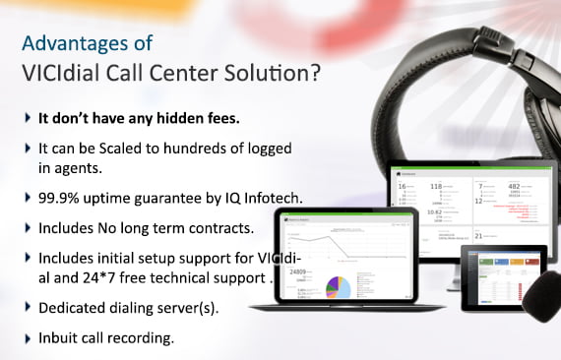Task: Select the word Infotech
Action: point(269,199)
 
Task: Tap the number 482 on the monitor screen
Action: point(515,186)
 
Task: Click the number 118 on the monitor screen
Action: point(437,186)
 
